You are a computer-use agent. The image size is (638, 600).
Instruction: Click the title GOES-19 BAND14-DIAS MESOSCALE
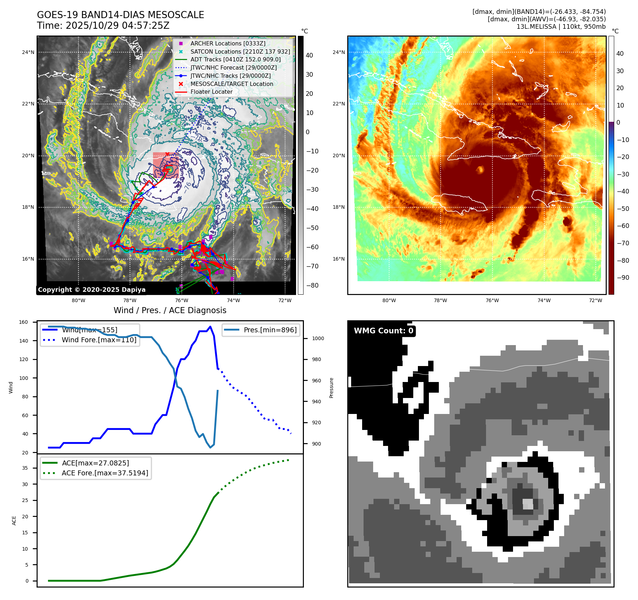[120, 15]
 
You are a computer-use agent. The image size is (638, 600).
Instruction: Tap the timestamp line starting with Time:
[103, 26]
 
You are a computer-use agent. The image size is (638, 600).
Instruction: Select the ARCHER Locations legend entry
[228, 43]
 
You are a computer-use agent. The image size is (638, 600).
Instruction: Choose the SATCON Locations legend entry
[240, 51]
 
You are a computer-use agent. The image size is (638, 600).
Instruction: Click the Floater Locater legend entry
[211, 92]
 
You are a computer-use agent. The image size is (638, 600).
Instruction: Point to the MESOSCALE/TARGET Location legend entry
[231, 84]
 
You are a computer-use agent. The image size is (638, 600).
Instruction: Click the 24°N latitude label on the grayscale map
[28, 52]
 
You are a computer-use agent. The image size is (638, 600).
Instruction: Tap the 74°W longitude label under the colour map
[544, 300]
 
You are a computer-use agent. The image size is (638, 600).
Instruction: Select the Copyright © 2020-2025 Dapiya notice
[92, 290]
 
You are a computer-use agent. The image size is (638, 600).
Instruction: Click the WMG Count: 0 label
[383, 331]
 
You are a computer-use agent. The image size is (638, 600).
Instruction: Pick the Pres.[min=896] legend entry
[270, 330]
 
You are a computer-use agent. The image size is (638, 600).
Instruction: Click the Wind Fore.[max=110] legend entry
[99, 340]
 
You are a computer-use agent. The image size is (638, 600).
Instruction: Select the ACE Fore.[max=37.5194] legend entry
[105, 473]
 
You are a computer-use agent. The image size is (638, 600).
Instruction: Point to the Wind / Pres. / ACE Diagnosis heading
[170, 310]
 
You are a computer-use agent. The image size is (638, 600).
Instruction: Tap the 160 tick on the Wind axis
[23, 322]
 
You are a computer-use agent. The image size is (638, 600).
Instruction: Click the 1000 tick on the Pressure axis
[318, 338]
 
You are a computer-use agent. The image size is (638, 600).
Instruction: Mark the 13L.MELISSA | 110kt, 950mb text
[561, 27]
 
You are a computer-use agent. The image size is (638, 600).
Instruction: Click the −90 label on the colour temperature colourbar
[623, 278]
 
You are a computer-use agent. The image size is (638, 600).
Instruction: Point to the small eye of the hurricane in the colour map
[480, 170]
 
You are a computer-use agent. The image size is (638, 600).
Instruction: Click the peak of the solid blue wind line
[210, 327]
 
